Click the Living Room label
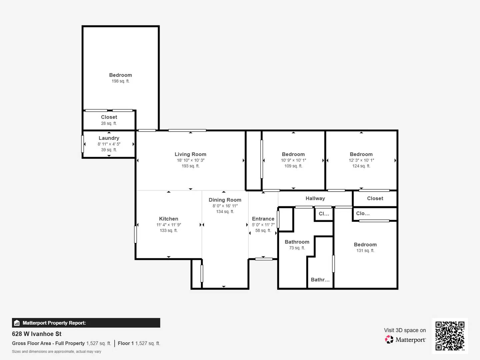coord(190,154)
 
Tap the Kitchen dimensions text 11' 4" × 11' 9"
coord(169,225)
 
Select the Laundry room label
coord(109,138)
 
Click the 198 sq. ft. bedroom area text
coord(120,81)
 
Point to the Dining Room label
coord(225,200)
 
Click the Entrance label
coord(263,219)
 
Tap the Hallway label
coord(315,198)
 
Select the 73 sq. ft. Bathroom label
coord(297,242)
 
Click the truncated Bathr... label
coord(320,280)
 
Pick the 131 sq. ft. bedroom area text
coord(365,251)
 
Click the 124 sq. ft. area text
coord(361,166)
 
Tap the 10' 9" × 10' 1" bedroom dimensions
coord(293,160)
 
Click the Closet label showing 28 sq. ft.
coord(109,117)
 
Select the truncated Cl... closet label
coord(324,214)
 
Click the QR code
coord(450,336)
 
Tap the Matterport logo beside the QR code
coord(389,339)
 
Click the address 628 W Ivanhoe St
coord(37,334)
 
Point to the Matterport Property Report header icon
coord(17,323)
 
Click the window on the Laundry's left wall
coord(83,144)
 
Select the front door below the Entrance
coord(264,259)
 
